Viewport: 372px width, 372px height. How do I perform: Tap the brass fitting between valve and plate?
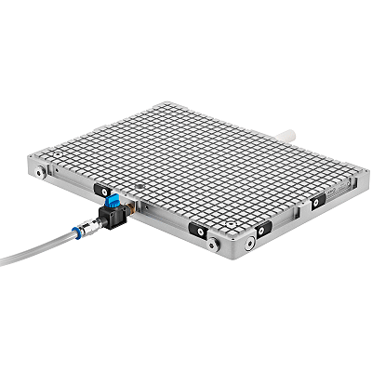[x=131, y=211]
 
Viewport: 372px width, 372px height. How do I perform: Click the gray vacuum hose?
[x=37, y=248]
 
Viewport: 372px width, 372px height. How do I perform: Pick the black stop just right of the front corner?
[x=263, y=228]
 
